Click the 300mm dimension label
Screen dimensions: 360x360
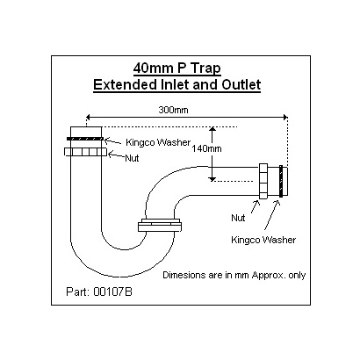point(173,110)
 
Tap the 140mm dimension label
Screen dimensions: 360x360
point(206,148)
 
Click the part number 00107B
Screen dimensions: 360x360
point(112,292)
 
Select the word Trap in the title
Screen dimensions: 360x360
point(206,69)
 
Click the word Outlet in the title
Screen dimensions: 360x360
point(241,85)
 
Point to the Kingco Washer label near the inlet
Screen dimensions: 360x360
point(158,142)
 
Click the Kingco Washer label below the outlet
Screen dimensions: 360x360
point(263,240)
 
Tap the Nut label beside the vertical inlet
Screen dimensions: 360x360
point(132,158)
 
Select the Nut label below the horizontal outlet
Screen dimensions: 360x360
point(238,218)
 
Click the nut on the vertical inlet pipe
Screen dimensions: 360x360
point(85,152)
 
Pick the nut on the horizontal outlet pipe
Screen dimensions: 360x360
point(263,182)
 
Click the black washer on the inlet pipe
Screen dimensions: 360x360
point(85,139)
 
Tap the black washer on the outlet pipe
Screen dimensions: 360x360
point(281,182)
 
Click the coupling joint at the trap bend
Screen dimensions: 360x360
point(160,225)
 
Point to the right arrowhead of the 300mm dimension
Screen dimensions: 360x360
point(285,118)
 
